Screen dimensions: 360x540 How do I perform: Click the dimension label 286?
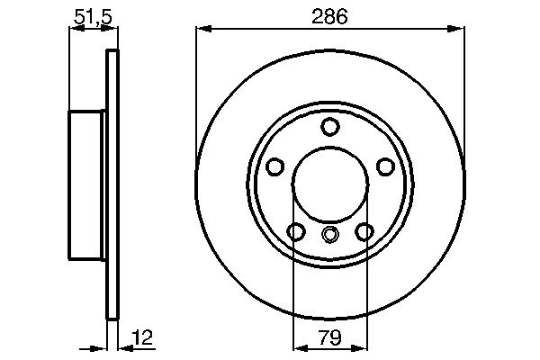pyautogui.click(x=329, y=16)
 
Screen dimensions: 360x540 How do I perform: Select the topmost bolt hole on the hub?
pyautogui.click(x=330, y=126)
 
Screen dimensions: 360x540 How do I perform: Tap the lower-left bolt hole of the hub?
pyautogui.click(x=296, y=231)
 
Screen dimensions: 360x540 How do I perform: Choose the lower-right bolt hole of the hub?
pyautogui.click(x=364, y=231)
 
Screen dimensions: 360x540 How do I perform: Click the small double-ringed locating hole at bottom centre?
pyautogui.click(x=330, y=236)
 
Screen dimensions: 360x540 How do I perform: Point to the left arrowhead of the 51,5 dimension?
pyautogui.click(x=74, y=31)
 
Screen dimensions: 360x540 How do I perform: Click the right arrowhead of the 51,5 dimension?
pyautogui.click(x=112, y=31)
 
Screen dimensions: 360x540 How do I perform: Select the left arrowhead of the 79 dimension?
pyautogui.click(x=300, y=346)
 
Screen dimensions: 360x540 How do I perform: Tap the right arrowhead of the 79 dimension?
pyautogui.click(x=361, y=346)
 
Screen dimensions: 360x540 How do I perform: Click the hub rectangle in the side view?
pyautogui.click(x=88, y=184)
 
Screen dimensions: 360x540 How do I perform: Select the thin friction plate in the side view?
pyautogui.click(x=112, y=184)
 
